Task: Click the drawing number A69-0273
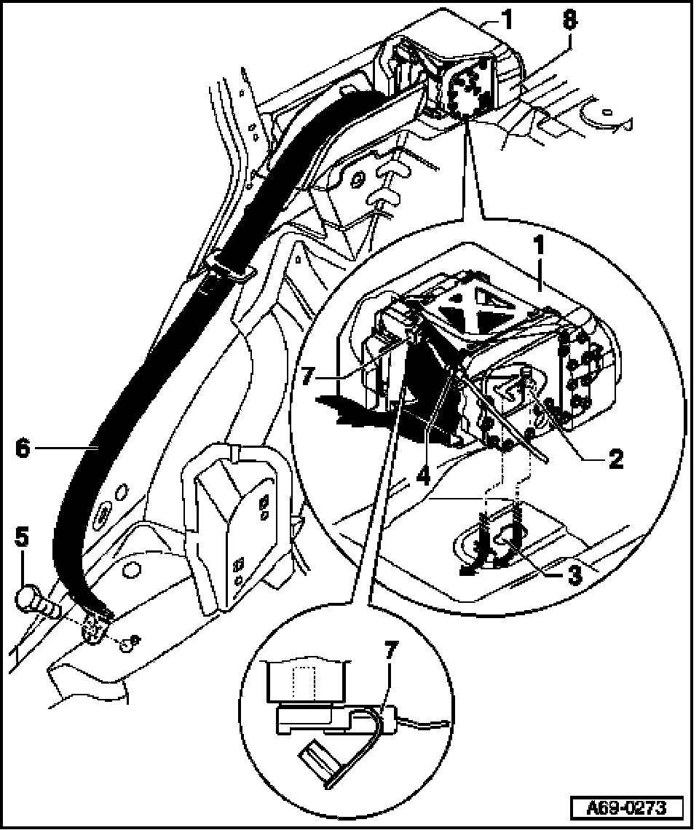[627, 807]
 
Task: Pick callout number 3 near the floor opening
[575, 575]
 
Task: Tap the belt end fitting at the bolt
[95, 625]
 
